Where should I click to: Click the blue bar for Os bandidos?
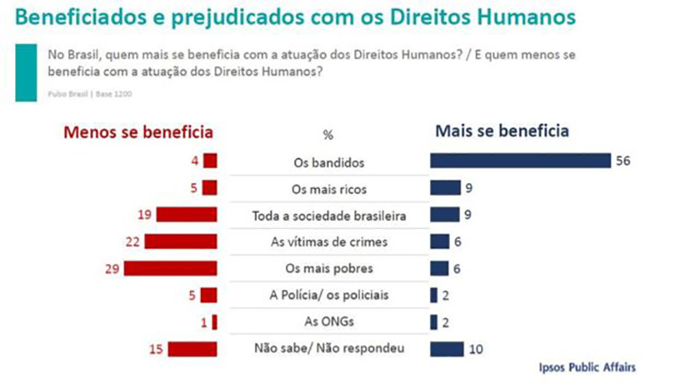(x=521, y=161)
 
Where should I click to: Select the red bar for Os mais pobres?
(x=171, y=268)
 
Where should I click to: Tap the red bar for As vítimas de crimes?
(x=181, y=242)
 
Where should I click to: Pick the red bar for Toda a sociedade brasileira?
(x=186, y=214)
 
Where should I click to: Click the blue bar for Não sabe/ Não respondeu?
(x=447, y=348)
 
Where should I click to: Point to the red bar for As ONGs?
(x=215, y=322)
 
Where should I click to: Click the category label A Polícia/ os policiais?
(x=328, y=294)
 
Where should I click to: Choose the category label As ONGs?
(x=328, y=322)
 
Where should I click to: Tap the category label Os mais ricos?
(x=328, y=188)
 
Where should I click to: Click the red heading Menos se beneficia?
(x=136, y=133)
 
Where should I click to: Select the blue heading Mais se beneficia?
(x=501, y=132)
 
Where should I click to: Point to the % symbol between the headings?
(x=328, y=134)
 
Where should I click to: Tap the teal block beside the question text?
(x=26, y=71)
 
